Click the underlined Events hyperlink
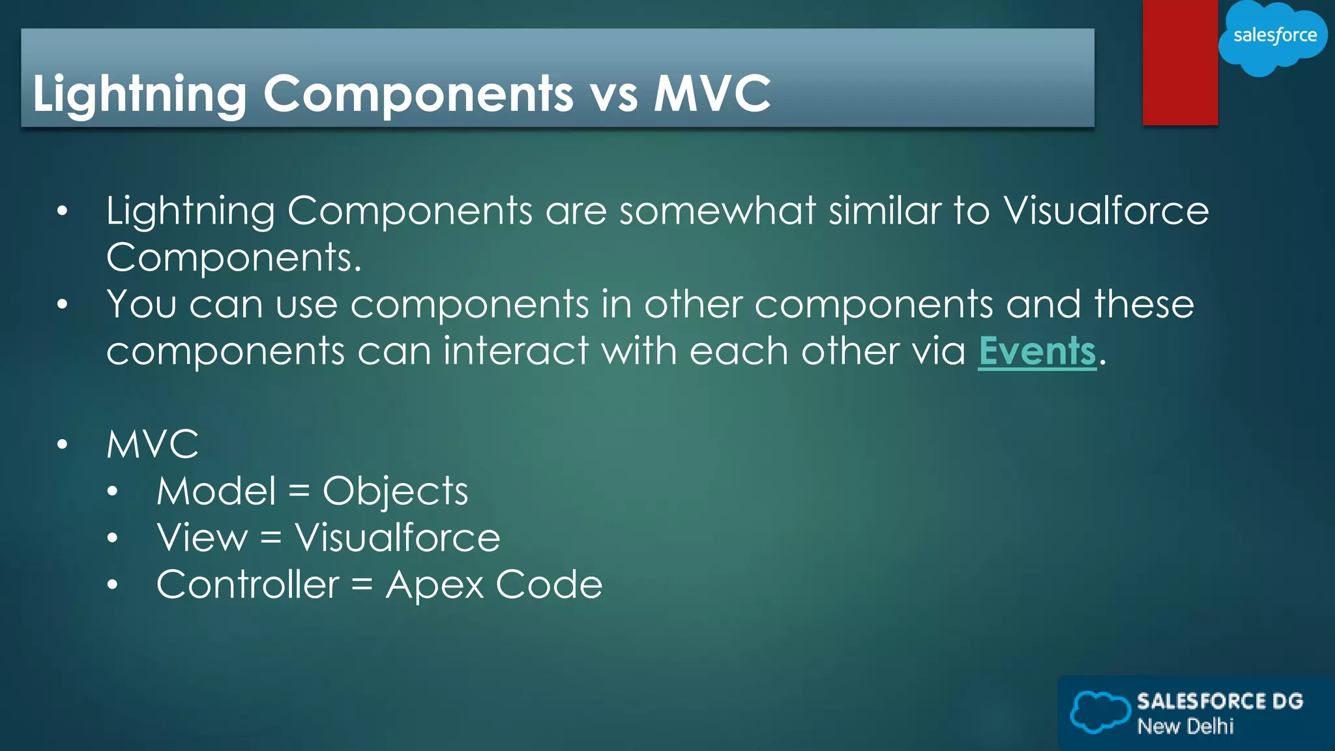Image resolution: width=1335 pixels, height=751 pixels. coord(1036,351)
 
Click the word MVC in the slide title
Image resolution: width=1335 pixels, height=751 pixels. coord(712,93)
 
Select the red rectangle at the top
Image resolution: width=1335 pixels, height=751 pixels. coord(1180,63)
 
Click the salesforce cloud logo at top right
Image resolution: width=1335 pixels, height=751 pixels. coord(1274,37)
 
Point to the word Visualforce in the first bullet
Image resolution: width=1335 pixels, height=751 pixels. coord(1106,211)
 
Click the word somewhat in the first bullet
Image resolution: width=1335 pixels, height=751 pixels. coord(717,211)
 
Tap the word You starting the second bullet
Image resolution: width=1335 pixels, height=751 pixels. coord(141,304)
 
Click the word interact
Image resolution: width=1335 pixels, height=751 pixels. coord(516,351)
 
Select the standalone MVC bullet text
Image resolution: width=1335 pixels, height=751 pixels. coord(153,445)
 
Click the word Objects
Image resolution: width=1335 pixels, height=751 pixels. coord(395,492)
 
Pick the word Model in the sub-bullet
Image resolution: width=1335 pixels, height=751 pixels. coord(216,491)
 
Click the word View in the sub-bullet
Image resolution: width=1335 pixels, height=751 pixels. coord(202,538)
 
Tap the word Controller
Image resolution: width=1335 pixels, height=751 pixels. coord(248,584)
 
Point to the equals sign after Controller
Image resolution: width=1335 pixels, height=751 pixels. coord(362,585)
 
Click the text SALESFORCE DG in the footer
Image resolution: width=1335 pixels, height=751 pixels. coord(1220,701)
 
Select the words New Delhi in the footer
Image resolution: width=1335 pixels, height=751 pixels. coord(1185,726)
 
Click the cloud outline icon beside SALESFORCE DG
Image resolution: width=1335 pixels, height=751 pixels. coord(1100,711)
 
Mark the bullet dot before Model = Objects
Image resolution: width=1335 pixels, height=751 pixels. coord(113,492)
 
